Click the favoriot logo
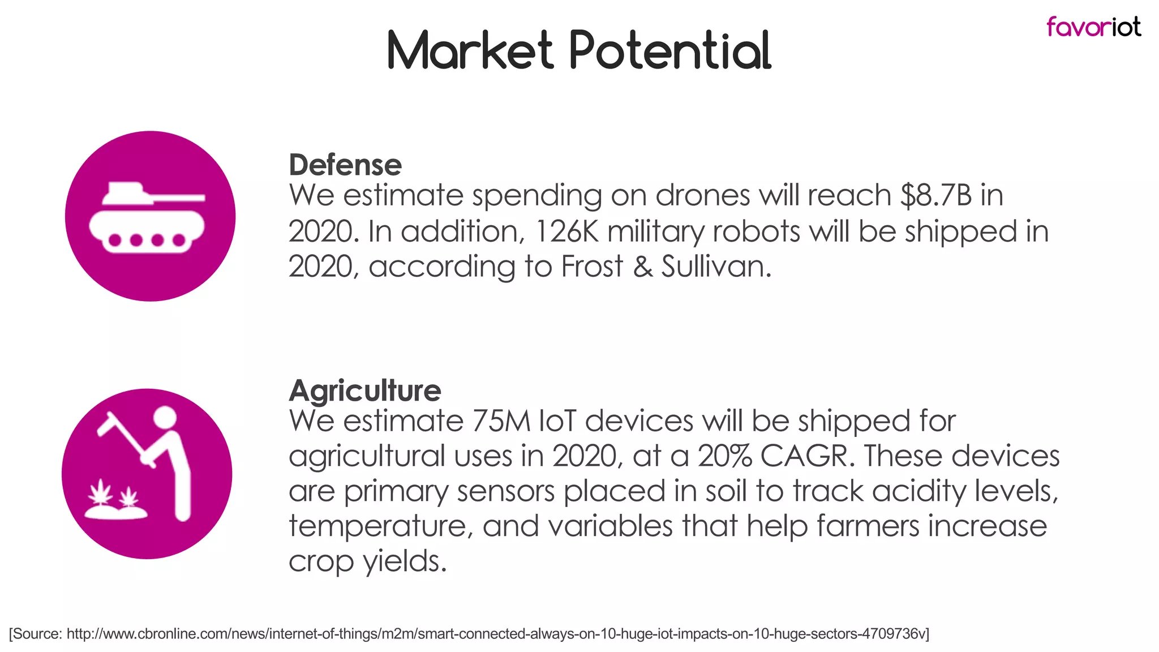pyautogui.click(x=1093, y=27)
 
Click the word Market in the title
pyautogui.click(x=470, y=50)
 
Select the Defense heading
pyautogui.click(x=345, y=165)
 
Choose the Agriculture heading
pyautogui.click(x=365, y=391)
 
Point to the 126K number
pyautogui.click(x=566, y=231)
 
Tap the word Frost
pyautogui.click(x=592, y=267)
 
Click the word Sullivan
pyautogui.click(x=716, y=267)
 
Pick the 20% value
pyautogui.click(x=725, y=456)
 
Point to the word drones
pyautogui.click(x=702, y=195)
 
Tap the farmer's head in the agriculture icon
pyautogui.click(x=165, y=419)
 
